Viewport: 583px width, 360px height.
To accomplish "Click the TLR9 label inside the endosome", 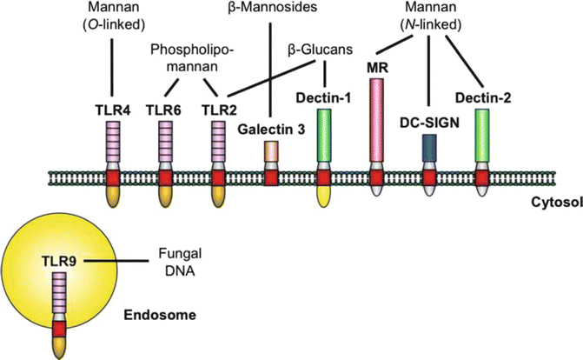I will (x=60, y=259).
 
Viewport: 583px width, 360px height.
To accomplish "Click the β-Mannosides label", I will (x=270, y=12).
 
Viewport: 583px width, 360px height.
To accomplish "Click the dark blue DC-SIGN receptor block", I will (x=428, y=150).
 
